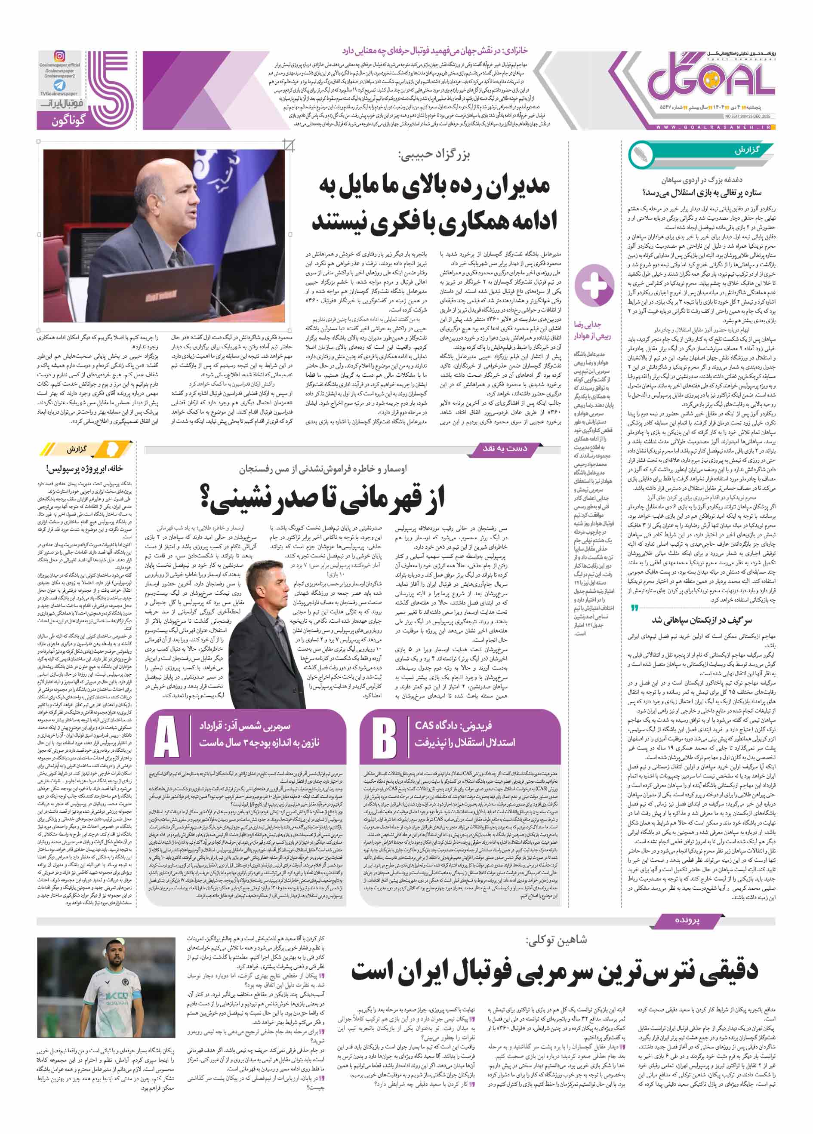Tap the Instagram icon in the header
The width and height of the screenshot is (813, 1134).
point(59,56)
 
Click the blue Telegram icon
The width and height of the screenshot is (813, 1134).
point(59,85)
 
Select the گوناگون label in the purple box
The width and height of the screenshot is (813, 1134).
point(68,120)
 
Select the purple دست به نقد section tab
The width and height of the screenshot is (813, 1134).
point(505,449)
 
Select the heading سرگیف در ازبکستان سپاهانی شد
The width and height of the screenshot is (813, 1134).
point(701,621)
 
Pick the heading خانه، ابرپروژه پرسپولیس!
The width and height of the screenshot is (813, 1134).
point(84,468)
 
